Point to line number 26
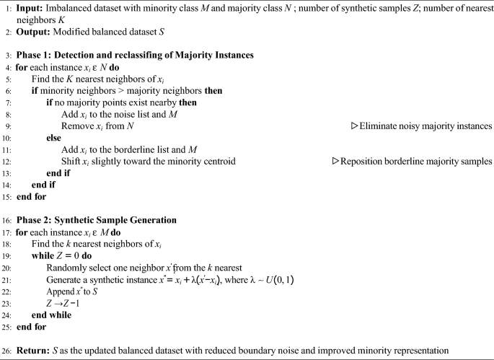coord(6,351)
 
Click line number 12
coord(6,161)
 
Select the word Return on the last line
coord(32,351)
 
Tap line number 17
coord(6,232)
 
